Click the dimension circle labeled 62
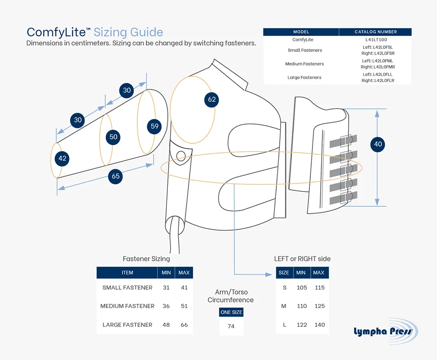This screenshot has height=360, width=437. (212, 100)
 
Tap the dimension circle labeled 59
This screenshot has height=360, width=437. (155, 127)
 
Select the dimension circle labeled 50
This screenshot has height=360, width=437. (114, 137)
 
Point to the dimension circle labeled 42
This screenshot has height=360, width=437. (62, 159)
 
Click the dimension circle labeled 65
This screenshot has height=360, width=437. (115, 177)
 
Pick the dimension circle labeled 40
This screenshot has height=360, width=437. (378, 144)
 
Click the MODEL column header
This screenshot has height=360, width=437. (301, 32)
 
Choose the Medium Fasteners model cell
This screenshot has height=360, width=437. (305, 64)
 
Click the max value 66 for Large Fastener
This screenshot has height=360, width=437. (184, 325)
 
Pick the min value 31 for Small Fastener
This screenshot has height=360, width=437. (166, 287)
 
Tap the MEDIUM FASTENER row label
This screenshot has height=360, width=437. (127, 306)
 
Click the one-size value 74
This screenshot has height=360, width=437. (231, 326)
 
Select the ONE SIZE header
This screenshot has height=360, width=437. (231, 312)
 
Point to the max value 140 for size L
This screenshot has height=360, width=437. (319, 325)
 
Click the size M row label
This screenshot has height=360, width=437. (284, 306)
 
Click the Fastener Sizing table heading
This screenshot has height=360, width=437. (146, 259)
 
